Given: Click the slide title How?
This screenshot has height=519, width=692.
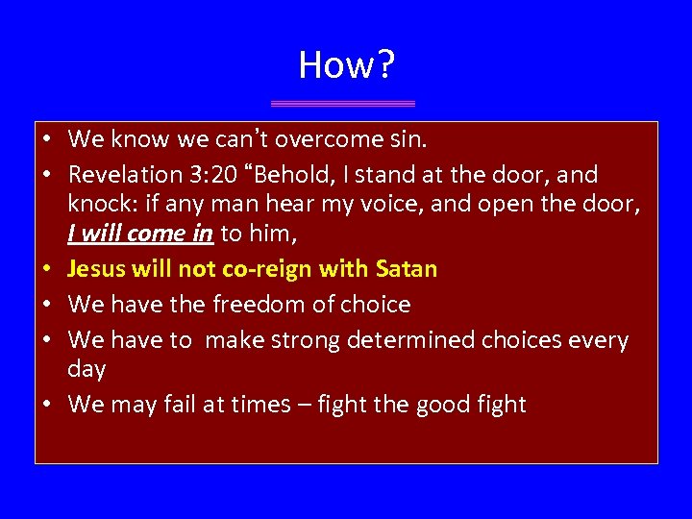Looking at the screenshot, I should [346, 64].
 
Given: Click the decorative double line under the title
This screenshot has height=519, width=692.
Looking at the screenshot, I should [343, 103].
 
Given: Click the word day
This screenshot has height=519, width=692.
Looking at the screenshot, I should [86, 369].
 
